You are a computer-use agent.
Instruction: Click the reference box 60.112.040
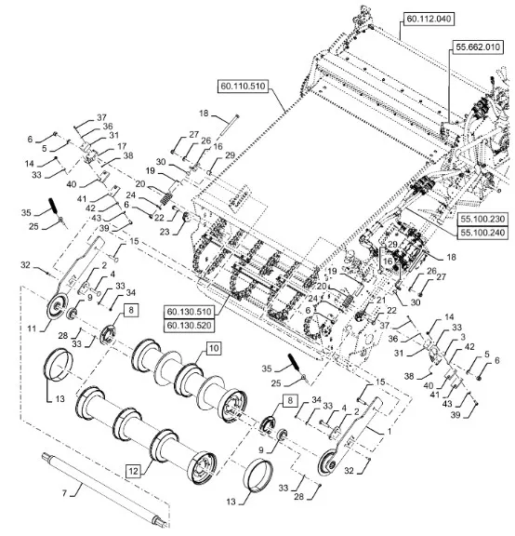[x=429, y=19]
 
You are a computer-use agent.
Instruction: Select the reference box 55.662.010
[x=478, y=47]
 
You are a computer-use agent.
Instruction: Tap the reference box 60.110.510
[x=243, y=86]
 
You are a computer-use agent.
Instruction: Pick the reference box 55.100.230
[x=482, y=219]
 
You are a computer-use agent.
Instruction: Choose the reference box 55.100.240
[x=482, y=233]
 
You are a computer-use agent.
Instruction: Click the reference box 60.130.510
[x=190, y=312]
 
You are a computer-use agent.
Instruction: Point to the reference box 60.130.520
[x=190, y=325]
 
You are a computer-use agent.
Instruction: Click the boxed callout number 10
[x=214, y=349]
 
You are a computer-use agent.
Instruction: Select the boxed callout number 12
[x=133, y=472]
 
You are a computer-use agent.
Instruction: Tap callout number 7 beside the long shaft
[x=64, y=493]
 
